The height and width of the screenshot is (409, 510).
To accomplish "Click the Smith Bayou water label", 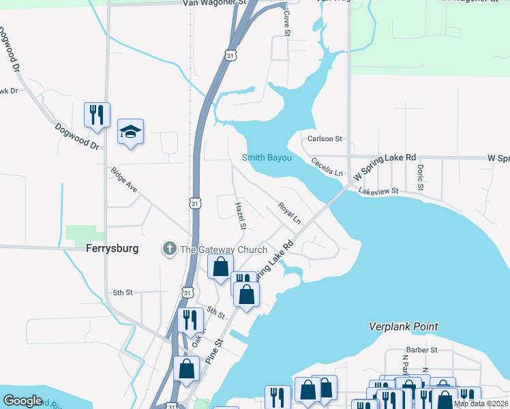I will point(267,158).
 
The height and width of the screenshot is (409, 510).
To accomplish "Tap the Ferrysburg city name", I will point(112,249).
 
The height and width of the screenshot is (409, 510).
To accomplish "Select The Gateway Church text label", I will point(223,249).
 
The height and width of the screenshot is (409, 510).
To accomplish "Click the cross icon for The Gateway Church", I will point(169,249).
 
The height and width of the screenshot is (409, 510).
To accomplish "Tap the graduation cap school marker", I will point(131,132).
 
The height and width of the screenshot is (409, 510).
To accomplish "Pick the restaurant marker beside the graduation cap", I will point(97,115).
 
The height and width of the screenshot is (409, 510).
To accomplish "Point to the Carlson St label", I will point(325,138).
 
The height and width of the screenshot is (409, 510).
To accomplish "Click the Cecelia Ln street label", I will point(327,167).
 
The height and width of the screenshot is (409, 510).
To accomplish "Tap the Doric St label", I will point(421,177).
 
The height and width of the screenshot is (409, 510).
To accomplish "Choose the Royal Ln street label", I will point(289,213).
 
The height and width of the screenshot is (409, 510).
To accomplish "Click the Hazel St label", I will point(240,215).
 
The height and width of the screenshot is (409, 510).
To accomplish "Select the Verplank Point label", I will point(403,327).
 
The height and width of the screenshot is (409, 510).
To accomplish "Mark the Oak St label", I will point(198,335).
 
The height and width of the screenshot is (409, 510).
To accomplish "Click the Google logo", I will point(23,401).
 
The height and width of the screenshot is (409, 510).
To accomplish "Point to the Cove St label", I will point(287,23).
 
